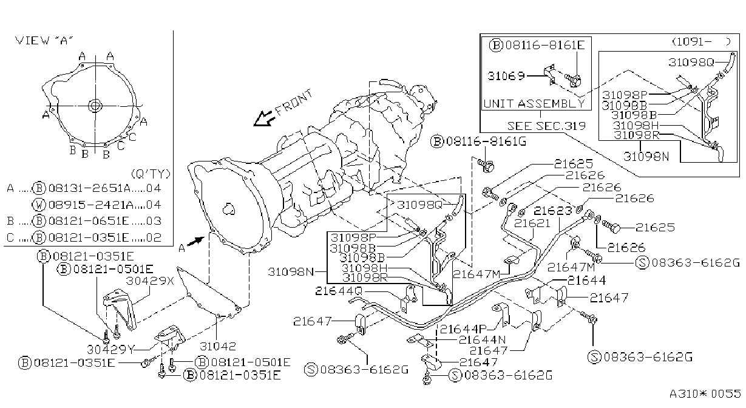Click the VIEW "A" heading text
pos(44,41)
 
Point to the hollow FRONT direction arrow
pos(264,118)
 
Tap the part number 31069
pos(506,76)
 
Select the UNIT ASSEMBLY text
pos(534,104)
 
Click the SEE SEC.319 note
pos(546,126)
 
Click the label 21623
pos(553,211)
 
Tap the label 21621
pos(532,223)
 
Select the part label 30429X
pos(150,280)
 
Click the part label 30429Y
pos(110,349)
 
